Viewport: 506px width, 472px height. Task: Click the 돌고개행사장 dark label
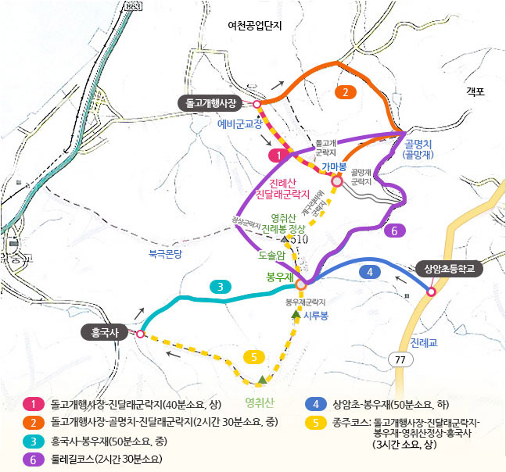coord(212,102)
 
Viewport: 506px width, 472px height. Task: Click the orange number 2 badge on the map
coord(345,92)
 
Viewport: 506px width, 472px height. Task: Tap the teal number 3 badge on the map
coord(222,287)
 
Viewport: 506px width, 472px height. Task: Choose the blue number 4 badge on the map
coord(369,272)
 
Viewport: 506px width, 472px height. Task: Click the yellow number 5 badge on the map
coord(253,357)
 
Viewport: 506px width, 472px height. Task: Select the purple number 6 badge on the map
coord(395,231)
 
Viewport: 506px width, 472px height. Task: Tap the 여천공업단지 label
coord(254,25)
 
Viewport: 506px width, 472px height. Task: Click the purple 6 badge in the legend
coord(34,459)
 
